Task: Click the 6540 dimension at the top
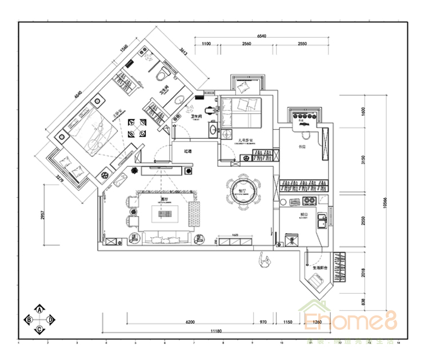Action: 262,36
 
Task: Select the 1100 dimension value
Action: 206,44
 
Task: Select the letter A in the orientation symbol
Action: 39,309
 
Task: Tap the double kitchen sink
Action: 322,221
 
